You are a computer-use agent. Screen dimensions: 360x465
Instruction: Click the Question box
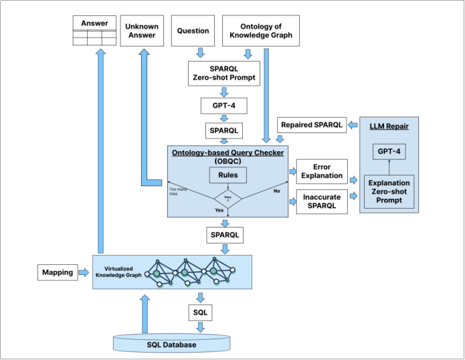(x=193, y=30)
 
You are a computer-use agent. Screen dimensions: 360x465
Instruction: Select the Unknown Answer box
(x=142, y=30)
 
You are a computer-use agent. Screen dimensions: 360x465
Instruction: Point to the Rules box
(x=229, y=175)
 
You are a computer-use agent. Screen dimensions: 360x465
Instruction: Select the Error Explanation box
(x=321, y=171)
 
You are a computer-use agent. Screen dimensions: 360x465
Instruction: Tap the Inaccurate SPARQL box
(x=321, y=201)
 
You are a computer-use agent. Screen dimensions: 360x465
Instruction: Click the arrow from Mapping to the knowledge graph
(x=83, y=272)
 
